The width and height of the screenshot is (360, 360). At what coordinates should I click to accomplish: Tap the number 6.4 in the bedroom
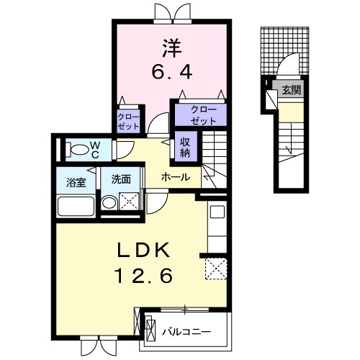[x=171, y=72]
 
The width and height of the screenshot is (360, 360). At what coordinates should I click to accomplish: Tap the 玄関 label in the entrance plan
[x=292, y=90]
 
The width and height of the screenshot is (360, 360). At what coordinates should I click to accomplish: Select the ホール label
[x=176, y=176]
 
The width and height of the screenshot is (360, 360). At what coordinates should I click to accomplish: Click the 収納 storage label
[x=185, y=147]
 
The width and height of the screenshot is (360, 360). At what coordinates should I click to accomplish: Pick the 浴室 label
[x=77, y=181]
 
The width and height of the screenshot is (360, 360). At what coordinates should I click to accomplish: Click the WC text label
[x=94, y=149]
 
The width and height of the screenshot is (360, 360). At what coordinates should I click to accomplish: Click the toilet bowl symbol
[x=74, y=150]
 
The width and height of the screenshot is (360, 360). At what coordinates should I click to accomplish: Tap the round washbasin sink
[x=109, y=204]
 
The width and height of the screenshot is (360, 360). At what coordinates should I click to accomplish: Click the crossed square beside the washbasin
[x=130, y=203]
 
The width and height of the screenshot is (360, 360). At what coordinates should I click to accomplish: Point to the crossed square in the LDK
[x=215, y=268]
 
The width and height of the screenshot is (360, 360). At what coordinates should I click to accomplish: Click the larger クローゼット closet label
[x=199, y=114]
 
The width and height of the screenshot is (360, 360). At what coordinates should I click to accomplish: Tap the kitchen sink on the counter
[x=217, y=213]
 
